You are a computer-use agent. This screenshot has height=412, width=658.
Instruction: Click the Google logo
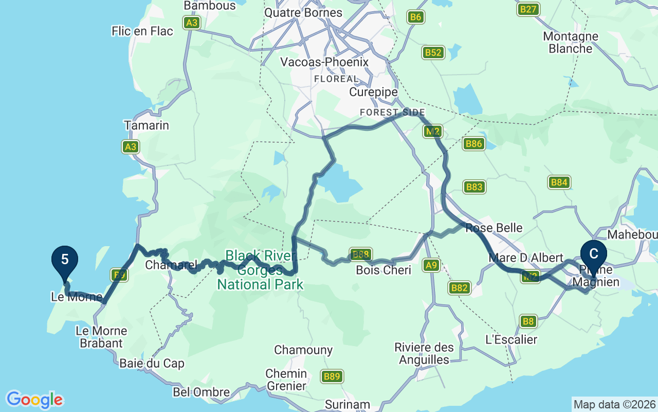(x=34, y=400)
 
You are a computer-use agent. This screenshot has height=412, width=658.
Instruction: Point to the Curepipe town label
(x=373, y=92)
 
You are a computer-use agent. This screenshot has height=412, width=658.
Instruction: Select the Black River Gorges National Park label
(x=261, y=270)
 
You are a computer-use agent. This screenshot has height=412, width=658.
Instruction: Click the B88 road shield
(x=360, y=254)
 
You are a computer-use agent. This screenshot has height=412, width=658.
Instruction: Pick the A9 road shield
(x=431, y=265)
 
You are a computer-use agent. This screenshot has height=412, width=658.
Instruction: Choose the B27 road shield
(x=528, y=9)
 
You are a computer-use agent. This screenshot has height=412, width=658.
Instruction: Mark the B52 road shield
(x=433, y=53)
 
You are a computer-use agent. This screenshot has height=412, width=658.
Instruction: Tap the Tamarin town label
(x=147, y=125)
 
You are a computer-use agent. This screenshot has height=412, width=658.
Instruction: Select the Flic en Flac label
(x=142, y=31)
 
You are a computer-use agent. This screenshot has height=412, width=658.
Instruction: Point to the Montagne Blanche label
(x=571, y=43)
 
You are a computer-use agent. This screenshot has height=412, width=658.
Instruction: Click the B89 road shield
(x=332, y=377)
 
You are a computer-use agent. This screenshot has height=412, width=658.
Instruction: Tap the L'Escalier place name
(x=511, y=339)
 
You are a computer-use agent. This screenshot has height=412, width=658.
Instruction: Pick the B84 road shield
(x=559, y=182)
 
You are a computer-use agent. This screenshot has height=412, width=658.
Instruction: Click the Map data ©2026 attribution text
(x=614, y=404)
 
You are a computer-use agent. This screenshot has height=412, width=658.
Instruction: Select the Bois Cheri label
(x=383, y=270)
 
